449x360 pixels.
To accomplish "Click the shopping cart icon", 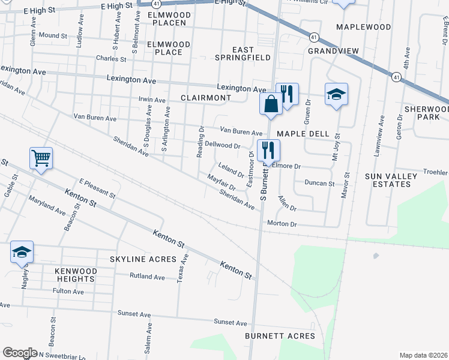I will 41,158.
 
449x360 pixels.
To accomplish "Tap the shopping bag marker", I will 271,103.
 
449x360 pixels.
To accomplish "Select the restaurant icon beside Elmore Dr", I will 268,149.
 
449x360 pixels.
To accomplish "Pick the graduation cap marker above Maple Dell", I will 337,94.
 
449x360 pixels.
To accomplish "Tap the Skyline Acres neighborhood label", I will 143,259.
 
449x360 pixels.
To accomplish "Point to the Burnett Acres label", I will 280,336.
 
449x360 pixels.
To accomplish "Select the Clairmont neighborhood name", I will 206,97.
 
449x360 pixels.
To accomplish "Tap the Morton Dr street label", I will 282,224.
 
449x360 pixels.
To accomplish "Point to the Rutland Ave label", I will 147,277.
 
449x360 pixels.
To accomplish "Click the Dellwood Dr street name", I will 223,145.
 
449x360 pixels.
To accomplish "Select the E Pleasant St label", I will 97,188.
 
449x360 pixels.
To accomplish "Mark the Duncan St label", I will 319,182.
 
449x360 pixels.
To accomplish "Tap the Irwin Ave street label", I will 152,100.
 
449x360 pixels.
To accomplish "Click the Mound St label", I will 53,35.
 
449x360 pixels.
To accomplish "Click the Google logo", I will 20,352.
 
